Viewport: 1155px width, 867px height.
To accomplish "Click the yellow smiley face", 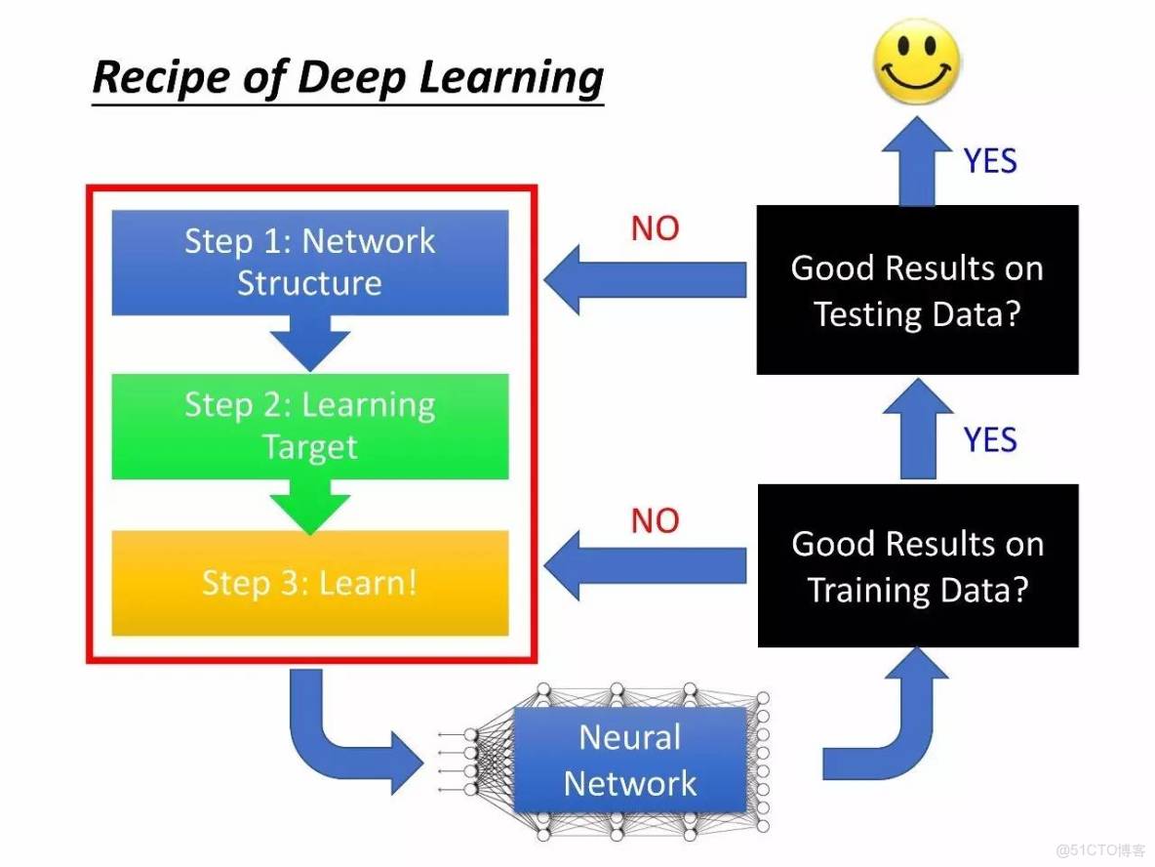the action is coord(916,62).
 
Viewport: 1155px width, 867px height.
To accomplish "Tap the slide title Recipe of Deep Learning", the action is coord(347,78).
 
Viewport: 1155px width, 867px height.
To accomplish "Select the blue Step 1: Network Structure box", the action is coord(310,263).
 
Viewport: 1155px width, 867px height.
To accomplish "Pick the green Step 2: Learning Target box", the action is coord(310,426).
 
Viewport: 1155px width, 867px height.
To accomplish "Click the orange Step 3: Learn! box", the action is coord(310,583).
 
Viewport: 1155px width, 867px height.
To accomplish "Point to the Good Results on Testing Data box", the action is coord(918,290).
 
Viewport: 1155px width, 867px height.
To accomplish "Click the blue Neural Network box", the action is coord(630,760).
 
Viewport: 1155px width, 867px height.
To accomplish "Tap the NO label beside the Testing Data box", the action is coord(655,228).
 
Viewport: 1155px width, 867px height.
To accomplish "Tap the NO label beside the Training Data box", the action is coord(655,520).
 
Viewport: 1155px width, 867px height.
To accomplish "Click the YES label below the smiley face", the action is coord(990,161).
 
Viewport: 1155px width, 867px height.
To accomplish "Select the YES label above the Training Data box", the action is coord(990,439).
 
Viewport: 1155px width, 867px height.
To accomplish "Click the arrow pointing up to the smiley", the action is coord(917,162).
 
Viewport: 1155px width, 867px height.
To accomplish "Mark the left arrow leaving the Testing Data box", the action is coord(645,280).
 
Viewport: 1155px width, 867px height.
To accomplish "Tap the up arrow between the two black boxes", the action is coord(918,429).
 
